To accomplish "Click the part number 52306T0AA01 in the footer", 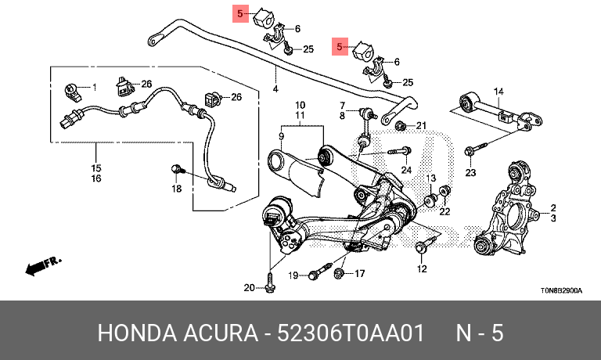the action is coord(351,333).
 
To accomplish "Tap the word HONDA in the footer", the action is coord(137,333).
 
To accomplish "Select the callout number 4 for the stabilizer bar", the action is coord(275,89).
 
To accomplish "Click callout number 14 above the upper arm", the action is coord(498,92).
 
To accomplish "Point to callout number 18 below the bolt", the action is coord(176,189).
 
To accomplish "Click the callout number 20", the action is coord(249,287).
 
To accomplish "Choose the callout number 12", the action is coord(422,269).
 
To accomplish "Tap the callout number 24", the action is coord(406,170).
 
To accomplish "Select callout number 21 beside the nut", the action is coord(421,125).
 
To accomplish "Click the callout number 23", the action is coord(470,173).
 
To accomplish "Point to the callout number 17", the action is coord(359,273).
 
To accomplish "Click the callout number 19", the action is coord(293,275).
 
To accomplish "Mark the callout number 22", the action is coord(444,211).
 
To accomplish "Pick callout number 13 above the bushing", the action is coord(431,178).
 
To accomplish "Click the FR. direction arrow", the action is coord(43,265).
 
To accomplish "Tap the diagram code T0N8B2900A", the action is coord(561,290).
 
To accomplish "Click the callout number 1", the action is coord(94,88).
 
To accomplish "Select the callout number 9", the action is coord(282,136).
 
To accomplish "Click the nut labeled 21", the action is coord(401,124).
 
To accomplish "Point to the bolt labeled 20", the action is coord(270,285).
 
